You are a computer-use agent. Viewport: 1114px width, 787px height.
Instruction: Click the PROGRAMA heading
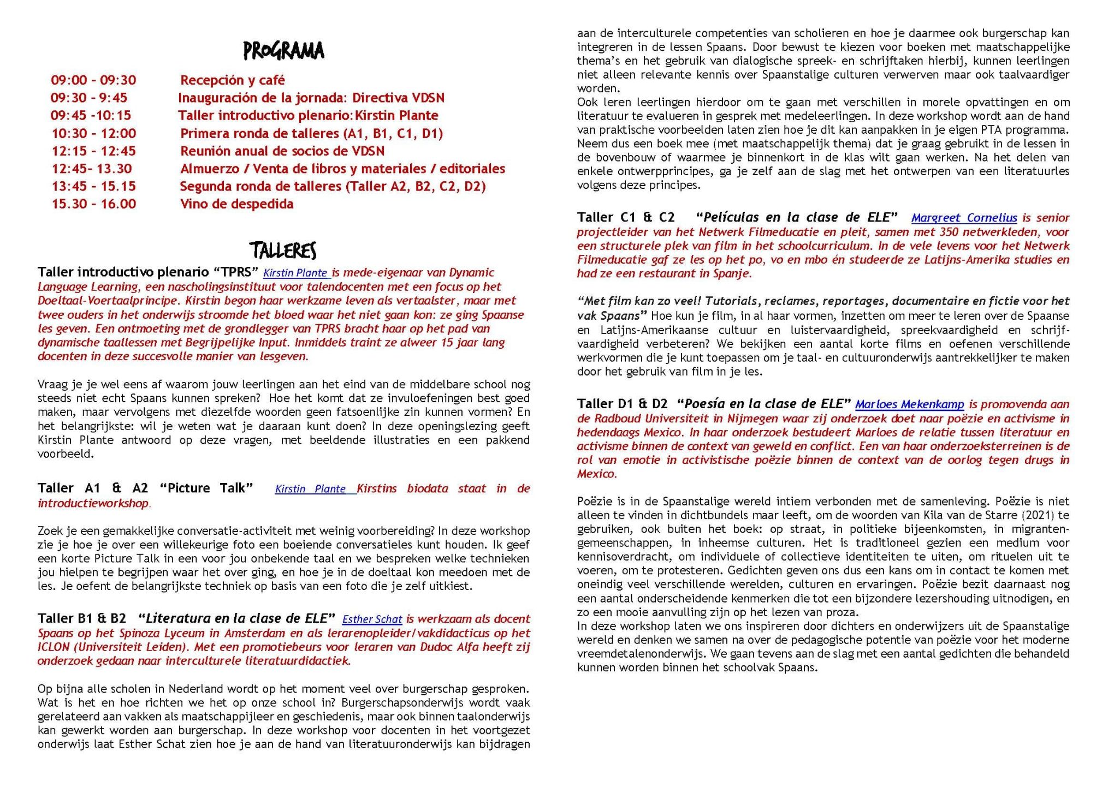[x=283, y=51]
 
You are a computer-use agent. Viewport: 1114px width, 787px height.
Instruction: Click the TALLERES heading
[x=283, y=251]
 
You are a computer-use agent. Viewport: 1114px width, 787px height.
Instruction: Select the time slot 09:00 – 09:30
[x=93, y=80]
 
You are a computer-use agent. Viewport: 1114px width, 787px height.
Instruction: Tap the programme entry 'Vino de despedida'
[x=236, y=204]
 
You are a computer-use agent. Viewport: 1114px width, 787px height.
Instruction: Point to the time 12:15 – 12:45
[x=93, y=151]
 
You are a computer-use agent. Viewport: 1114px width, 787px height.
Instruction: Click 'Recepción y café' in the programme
[x=233, y=80]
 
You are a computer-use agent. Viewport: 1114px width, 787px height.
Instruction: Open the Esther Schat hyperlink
[x=372, y=619]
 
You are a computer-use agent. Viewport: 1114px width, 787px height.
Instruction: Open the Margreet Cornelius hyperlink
[x=964, y=218]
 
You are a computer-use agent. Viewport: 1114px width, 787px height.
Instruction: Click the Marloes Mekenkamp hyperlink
[x=909, y=404]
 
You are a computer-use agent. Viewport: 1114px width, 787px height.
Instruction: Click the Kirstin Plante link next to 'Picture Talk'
[x=310, y=489]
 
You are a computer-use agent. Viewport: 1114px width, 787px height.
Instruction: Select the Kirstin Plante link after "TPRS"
[x=295, y=273]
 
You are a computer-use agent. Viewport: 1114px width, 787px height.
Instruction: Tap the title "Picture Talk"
[x=206, y=488]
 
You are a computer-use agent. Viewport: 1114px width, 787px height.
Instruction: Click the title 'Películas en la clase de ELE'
[x=797, y=217]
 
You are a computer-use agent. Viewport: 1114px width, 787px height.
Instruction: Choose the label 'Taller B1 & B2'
[x=81, y=618]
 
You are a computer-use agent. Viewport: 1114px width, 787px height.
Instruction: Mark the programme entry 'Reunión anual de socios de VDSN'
[x=282, y=151]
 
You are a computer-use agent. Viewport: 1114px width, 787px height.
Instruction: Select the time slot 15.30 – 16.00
[x=93, y=204]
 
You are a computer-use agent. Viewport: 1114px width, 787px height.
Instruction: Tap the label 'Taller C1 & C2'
[x=626, y=217]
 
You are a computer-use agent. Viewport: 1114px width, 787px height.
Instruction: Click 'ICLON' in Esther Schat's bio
[x=54, y=647]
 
